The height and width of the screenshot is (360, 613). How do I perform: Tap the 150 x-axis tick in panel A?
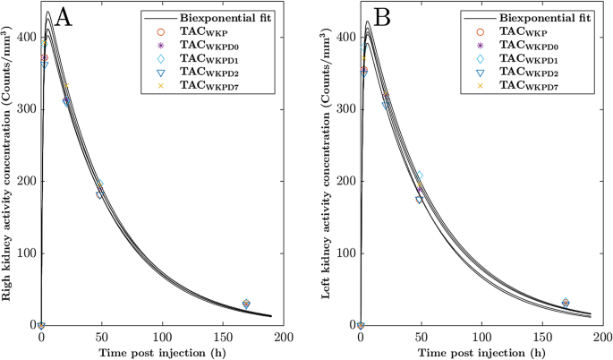point(224,338)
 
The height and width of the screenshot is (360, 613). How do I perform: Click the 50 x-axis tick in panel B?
point(421,338)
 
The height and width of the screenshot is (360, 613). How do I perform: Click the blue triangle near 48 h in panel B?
point(419,200)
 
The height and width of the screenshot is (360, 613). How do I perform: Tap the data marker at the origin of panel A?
point(41,325)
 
